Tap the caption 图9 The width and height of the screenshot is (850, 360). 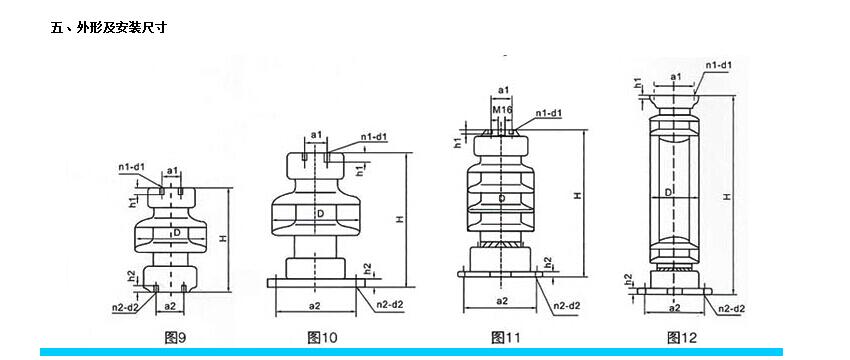point(175,338)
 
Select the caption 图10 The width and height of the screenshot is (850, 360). point(322,338)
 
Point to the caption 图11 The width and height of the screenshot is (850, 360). point(505,338)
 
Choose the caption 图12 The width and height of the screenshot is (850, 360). point(682,338)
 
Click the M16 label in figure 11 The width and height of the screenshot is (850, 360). point(503,111)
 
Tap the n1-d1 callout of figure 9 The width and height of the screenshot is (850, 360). point(132,167)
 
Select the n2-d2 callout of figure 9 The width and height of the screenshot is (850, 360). point(125,308)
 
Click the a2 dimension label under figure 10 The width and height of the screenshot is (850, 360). point(314,306)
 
